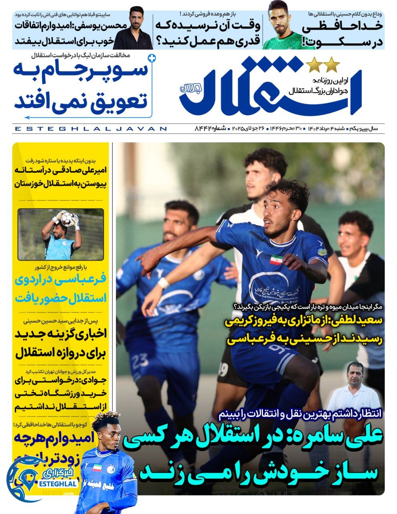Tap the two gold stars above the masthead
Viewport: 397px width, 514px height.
[x=323, y=64]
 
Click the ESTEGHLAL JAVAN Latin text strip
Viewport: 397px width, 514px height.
[x=90, y=129]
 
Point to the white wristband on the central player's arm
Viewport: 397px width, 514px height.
[x=164, y=283]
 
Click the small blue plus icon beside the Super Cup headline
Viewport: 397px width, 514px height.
[x=151, y=58]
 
